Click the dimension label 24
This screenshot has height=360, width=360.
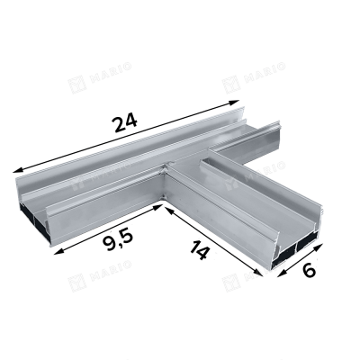pyautogui.click(x=124, y=122)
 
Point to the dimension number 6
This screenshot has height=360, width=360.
pyautogui.click(x=309, y=271)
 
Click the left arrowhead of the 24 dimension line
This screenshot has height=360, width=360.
pyautogui.click(x=18, y=170)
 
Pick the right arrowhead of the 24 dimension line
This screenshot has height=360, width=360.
pyautogui.click(x=234, y=103)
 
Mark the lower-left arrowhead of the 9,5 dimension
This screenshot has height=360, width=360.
pyautogui.click(x=59, y=252)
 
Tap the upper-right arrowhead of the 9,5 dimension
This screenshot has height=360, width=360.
pyautogui.click(x=157, y=207)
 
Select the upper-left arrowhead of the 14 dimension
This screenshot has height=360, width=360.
pyautogui.click(x=169, y=211)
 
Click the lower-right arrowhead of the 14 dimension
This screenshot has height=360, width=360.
pyautogui.click(x=257, y=272)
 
